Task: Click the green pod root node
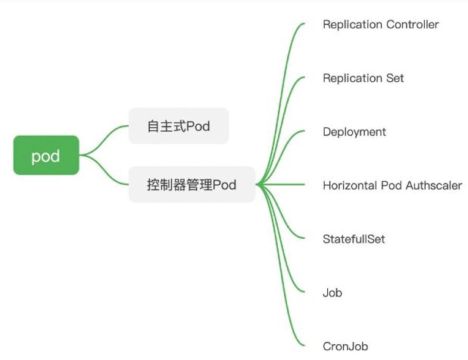[x=45, y=155]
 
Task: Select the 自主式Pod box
[x=178, y=126]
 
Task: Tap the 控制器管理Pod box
[x=192, y=184]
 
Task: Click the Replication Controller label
[x=380, y=24]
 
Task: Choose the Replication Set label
[x=363, y=78]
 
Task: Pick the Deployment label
[x=354, y=132]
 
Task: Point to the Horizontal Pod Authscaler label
[x=392, y=185]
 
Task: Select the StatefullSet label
[x=354, y=239]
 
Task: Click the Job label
[x=332, y=293]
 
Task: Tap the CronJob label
[x=345, y=346]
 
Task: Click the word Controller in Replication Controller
[x=412, y=24]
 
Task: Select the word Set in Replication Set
[x=395, y=78]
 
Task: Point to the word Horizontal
[x=350, y=185]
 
